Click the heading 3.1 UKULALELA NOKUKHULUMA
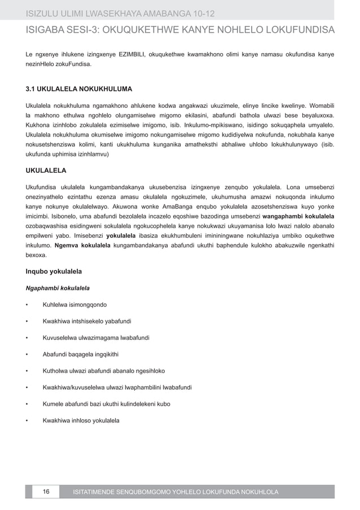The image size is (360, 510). [80, 89]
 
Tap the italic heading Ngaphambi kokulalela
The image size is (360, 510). [58, 289]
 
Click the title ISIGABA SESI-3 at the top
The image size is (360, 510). [180, 29]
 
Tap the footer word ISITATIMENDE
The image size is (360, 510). [104, 492]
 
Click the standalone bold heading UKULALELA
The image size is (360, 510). [47, 169]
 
